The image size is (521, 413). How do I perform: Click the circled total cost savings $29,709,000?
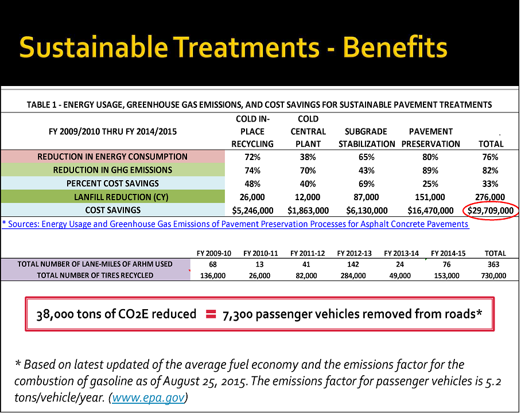click(490, 211)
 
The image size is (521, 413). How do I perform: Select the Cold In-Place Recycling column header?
click(252, 131)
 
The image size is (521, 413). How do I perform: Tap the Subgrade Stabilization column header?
click(366, 138)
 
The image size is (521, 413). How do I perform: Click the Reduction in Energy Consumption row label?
click(112, 157)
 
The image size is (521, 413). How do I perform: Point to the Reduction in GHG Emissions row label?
click(112, 170)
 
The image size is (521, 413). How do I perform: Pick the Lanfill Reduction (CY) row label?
click(112, 197)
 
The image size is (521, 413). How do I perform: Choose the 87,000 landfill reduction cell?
click(366, 197)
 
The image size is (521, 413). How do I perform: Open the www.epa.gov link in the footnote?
click(149, 398)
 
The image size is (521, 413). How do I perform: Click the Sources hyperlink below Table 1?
click(235, 224)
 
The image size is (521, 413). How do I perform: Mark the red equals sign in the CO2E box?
click(211, 314)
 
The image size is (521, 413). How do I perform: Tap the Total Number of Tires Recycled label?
click(95, 275)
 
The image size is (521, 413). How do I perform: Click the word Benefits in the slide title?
click(395, 48)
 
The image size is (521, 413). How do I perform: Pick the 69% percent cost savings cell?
click(366, 184)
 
